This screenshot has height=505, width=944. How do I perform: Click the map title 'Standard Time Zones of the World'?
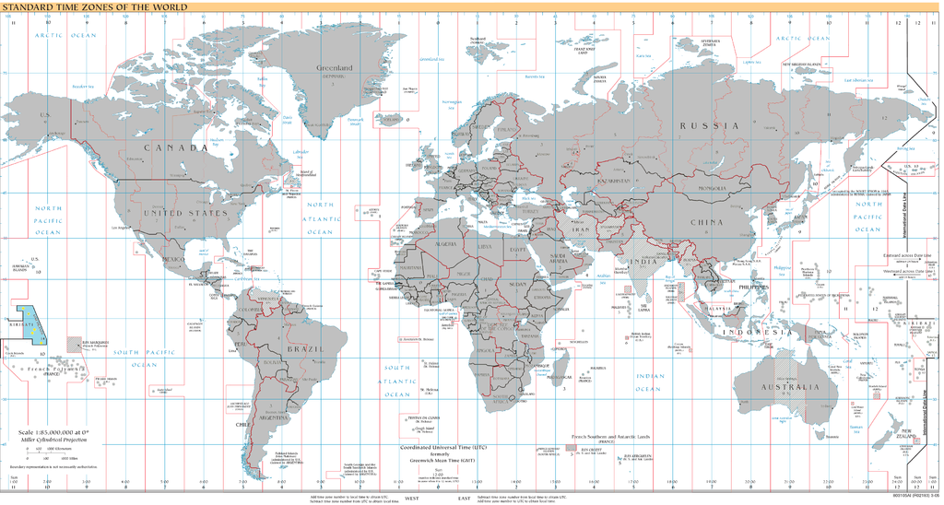[93, 6]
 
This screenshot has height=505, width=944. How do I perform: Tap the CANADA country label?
[174, 147]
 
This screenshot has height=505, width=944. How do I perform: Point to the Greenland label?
[335, 68]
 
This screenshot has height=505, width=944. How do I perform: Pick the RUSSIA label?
[709, 124]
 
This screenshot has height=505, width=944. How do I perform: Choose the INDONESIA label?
[755, 331]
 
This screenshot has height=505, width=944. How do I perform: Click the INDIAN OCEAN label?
[650, 382]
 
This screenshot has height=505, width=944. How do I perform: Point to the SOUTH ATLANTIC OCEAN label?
[397, 381]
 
